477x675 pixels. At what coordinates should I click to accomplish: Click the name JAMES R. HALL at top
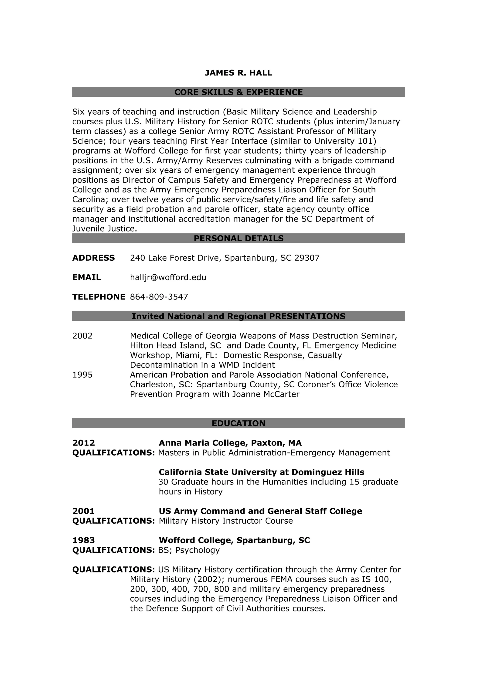click(238, 73)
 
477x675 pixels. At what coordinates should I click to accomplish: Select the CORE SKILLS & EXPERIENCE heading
click(238, 92)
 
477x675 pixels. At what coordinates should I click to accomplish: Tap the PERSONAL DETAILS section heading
click(238, 239)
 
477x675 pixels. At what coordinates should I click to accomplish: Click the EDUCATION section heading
click(238, 423)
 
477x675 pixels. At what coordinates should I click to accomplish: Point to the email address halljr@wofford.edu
click(168, 278)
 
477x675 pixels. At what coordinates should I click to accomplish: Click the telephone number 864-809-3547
click(159, 297)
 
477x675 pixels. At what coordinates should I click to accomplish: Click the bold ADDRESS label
click(93, 258)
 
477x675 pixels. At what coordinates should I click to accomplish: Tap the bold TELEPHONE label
click(99, 297)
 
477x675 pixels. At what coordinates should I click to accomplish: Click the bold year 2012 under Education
click(84, 443)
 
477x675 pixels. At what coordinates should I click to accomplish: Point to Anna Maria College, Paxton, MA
click(230, 443)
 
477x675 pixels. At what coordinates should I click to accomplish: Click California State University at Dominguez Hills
click(261, 472)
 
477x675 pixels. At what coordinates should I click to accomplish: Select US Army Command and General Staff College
click(260, 511)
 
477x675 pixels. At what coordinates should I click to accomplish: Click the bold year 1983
click(84, 540)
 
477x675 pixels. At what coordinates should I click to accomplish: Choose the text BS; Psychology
click(189, 550)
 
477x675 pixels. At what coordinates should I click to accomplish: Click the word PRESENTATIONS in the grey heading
click(307, 316)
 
